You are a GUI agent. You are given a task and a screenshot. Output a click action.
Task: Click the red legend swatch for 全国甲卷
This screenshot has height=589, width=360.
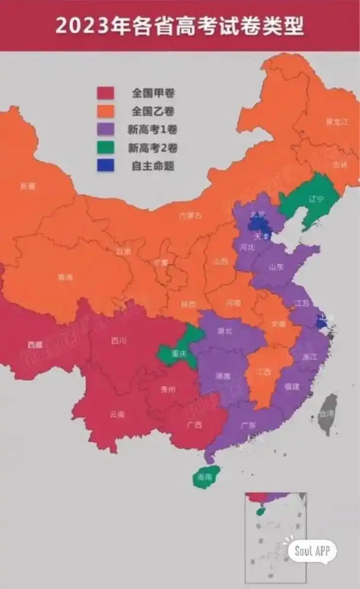105,93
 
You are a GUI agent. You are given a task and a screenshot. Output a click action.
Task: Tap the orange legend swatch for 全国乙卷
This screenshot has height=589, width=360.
105,111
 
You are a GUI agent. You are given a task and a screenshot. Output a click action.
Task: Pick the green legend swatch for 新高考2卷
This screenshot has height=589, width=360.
105,148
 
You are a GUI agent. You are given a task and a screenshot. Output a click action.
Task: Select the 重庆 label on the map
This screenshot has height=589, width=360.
180,354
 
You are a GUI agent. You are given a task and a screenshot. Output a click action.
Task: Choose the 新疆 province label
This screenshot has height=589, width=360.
28,187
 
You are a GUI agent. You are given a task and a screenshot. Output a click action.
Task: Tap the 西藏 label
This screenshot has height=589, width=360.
35,345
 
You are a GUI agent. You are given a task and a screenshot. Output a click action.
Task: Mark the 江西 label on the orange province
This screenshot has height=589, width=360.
264,372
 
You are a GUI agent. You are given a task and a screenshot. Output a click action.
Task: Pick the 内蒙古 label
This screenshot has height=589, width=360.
190,216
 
